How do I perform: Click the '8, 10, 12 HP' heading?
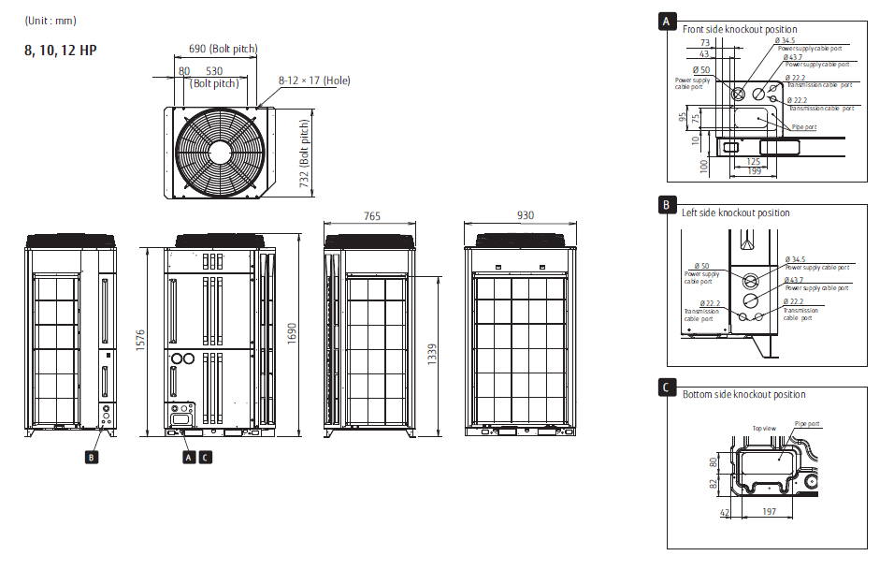[x=60, y=51]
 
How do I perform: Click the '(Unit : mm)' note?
[x=50, y=21]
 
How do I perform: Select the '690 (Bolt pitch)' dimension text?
[x=223, y=49]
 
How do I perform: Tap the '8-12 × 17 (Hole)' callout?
[x=314, y=80]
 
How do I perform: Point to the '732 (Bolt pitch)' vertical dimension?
[x=305, y=154]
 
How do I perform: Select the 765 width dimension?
[x=371, y=216]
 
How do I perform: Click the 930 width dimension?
[x=525, y=215]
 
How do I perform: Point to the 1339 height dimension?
[x=432, y=356]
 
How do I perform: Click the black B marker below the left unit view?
[x=91, y=457]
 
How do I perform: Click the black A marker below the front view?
[x=188, y=457]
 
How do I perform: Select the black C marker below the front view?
[x=205, y=457]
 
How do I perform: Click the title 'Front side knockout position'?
[x=740, y=29]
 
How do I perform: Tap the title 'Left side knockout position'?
[x=736, y=212]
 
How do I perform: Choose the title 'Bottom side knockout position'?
[x=743, y=394]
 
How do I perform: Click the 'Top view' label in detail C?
[x=764, y=428]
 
